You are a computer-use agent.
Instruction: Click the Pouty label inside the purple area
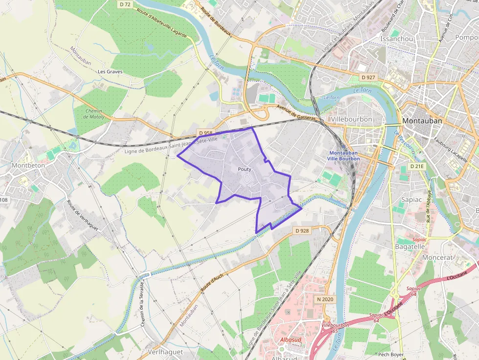point(244,169)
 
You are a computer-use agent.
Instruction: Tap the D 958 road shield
point(205,132)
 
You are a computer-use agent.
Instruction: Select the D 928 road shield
point(302,231)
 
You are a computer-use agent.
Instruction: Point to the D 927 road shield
point(369,78)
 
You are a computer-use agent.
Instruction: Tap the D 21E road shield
point(417,167)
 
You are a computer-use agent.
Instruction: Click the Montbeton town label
point(28,165)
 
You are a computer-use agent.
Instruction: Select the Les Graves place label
point(110,71)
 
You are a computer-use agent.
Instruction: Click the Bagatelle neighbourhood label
point(410,247)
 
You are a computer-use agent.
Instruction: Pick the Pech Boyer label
point(390,355)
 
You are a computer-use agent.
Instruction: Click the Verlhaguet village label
point(165,352)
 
